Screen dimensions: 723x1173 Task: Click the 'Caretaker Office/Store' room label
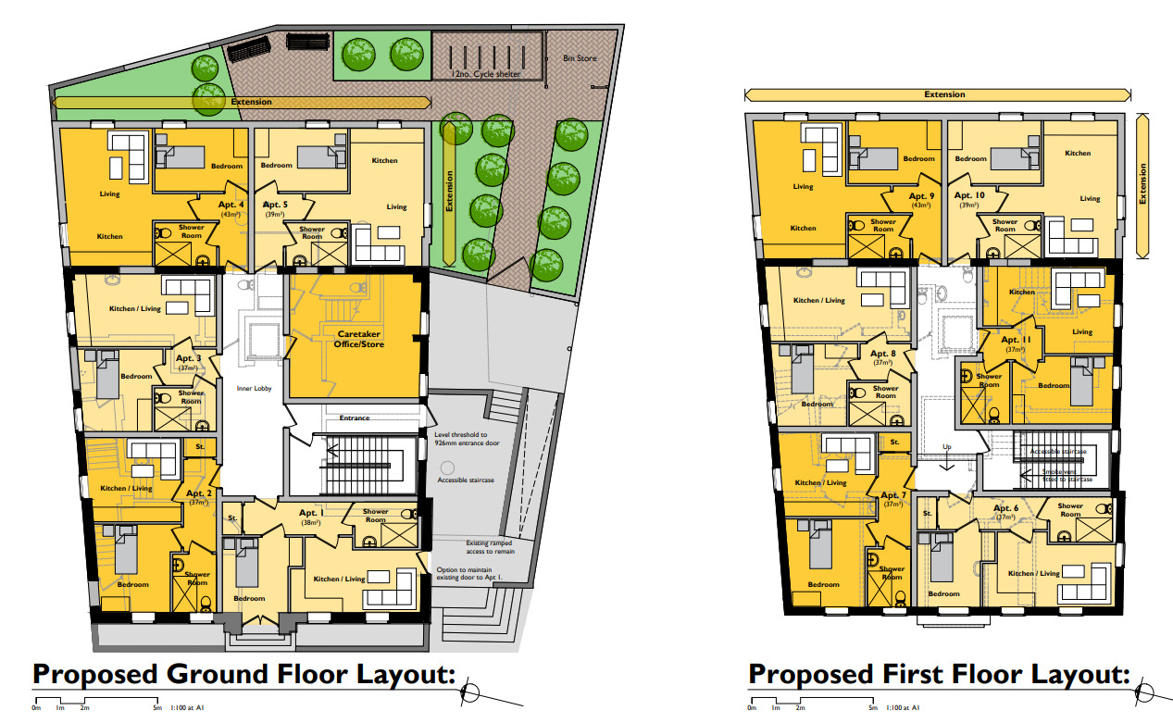[x=359, y=339]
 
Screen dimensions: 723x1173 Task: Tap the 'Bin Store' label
[x=580, y=58]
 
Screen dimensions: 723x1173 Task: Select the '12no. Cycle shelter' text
[x=485, y=74]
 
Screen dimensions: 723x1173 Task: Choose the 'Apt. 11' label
[x=1016, y=340]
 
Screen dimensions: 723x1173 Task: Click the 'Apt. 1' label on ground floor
[x=309, y=512]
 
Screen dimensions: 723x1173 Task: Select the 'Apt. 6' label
[x=1006, y=508]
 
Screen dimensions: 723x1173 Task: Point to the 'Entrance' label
[x=354, y=418]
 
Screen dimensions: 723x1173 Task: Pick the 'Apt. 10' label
[x=969, y=195]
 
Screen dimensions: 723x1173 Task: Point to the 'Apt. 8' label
[x=884, y=355]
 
